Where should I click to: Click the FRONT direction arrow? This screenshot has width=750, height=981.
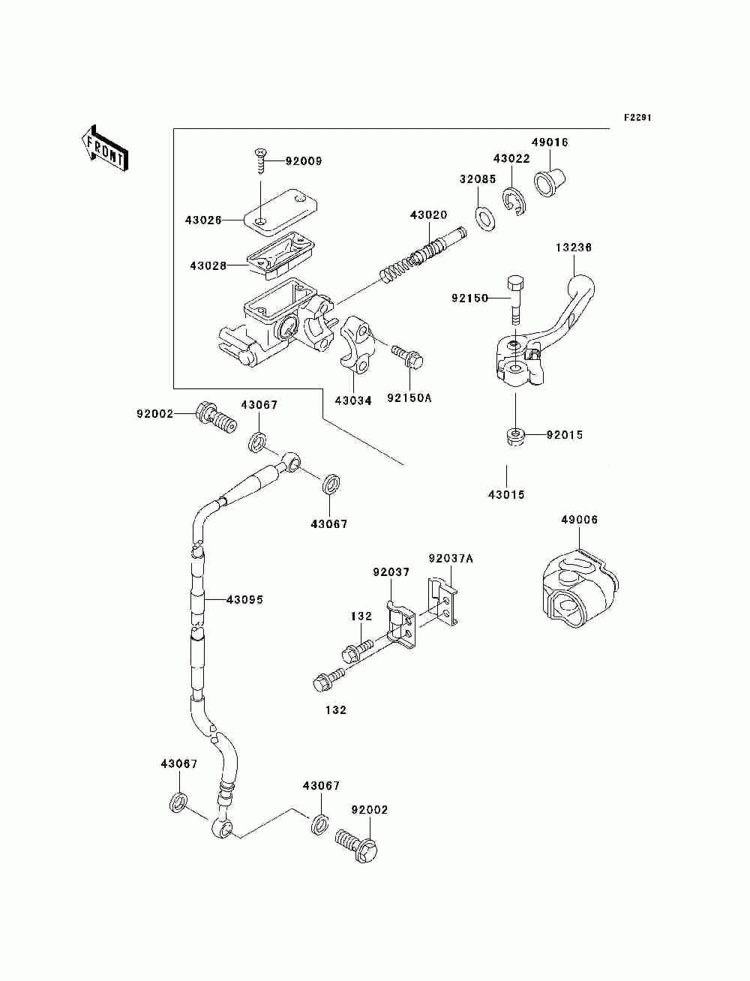pyautogui.click(x=104, y=148)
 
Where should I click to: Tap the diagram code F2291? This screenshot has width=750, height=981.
pyautogui.click(x=637, y=118)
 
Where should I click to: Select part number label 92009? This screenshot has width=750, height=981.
pyautogui.click(x=304, y=161)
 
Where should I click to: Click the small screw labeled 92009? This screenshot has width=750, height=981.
pyautogui.click(x=260, y=163)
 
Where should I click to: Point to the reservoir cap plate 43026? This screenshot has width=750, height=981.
pyautogui.click(x=280, y=212)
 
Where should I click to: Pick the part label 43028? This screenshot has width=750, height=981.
pyautogui.click(x=208, y=266)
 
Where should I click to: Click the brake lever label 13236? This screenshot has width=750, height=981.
pyautogui.click(x=574, y=247)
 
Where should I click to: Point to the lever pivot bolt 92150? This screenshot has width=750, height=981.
pyautogui.click(x=515, y=301)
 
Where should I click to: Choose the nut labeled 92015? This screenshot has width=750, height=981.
pyautogui.click(x=515, y=436)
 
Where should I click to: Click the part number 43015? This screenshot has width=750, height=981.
pyautogui.click(x=506, y=495)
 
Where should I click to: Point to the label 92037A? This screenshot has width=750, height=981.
pyautogui.click(x=451, y=559)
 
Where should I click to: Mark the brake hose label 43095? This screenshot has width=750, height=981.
pyautogui.click(x=244, y=600)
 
